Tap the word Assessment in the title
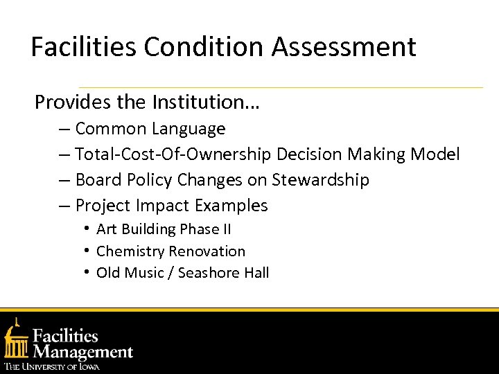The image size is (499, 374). [344, 47]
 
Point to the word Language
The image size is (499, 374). [189, 129]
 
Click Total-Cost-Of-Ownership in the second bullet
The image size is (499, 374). [173, 154]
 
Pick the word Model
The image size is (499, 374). [435, 154]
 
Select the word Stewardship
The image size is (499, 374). [320, 180]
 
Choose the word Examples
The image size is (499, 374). [231, 206]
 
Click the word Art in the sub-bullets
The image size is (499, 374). [107, 229]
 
